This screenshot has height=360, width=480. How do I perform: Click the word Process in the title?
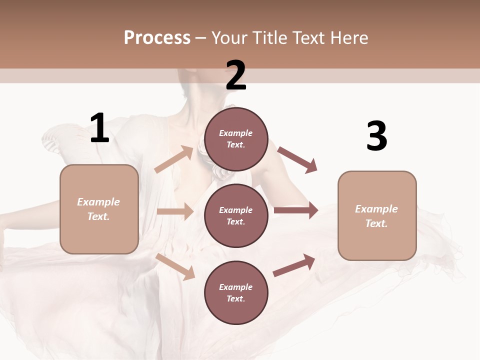click(x=157, y=37)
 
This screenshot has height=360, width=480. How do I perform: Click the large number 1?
click(x=99, y=128)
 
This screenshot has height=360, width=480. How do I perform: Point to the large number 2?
click(x=236, y=75)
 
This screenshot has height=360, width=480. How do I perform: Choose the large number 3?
click(x=376, y=136)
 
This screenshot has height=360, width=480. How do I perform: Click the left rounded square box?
click(x=99, y=209)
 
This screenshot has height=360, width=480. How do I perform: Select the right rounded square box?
click(x=377, y=215)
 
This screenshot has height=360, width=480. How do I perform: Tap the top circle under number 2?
click(x=236, y=139)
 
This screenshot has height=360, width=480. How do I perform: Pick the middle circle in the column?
click(x=236, y=215)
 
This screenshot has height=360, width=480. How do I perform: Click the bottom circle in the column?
click(x=236, y=292)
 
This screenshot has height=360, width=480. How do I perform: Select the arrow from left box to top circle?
click(x=174, y=159)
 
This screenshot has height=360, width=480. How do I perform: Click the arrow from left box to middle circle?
click(x=175, y=211)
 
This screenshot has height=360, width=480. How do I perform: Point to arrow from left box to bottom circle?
click(x=175, y=266)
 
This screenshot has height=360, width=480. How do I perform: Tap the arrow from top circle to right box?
click(x=297, y=159)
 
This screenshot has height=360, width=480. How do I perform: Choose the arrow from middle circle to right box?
click(x=296, y=210)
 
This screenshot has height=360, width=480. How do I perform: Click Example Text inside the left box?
click(x=98, y=209)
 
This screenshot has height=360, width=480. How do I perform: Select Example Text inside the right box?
click(x=376, y=216)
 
